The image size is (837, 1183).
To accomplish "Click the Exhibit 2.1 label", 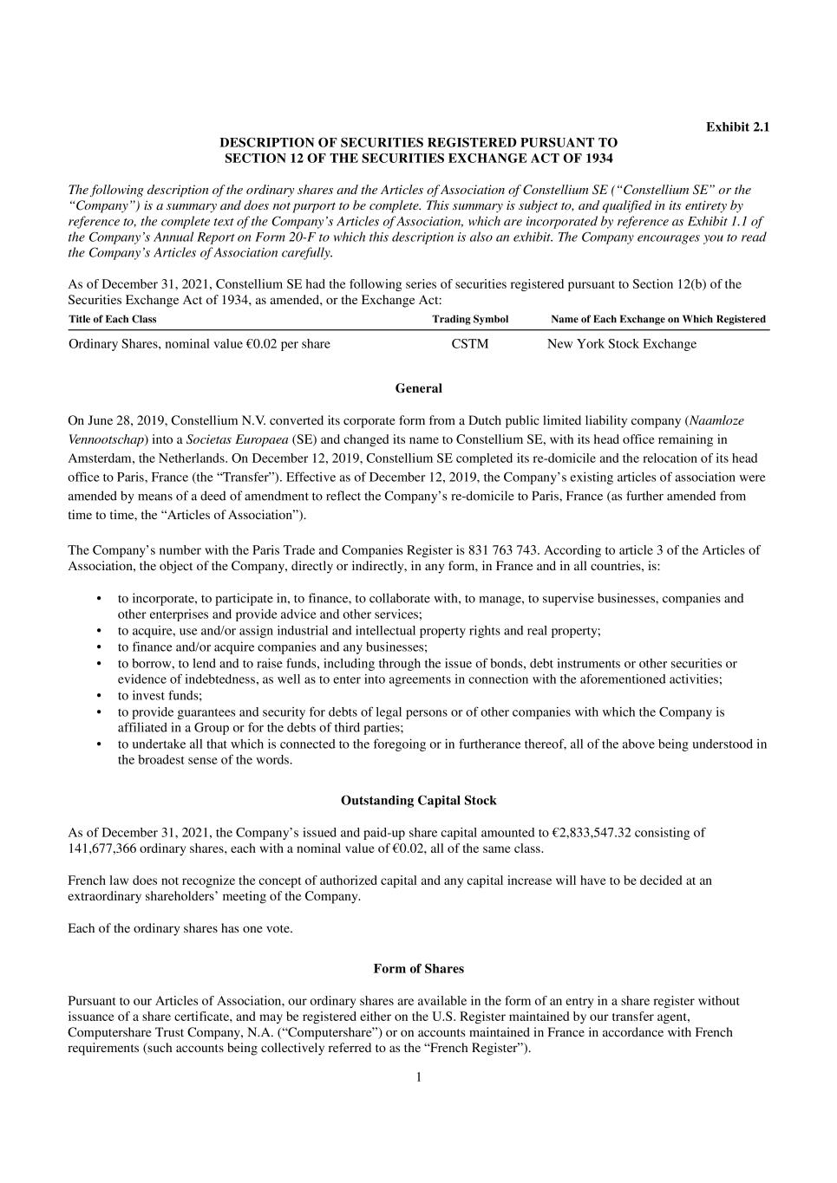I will coord(737,127).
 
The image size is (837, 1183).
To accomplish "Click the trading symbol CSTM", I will coord(470,344).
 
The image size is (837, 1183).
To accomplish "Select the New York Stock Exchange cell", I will coord(621,344).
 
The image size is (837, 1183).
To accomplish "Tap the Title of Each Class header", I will coord(113,319).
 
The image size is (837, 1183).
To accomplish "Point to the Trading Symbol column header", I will coord(470,319).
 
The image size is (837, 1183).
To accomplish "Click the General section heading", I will coord(418,388).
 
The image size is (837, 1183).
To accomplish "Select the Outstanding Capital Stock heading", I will coord(418,800).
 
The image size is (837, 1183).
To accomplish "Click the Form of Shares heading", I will coord(418,968).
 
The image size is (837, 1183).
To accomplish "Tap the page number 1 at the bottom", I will coord(418,1077).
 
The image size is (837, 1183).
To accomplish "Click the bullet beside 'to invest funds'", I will coord(99,695).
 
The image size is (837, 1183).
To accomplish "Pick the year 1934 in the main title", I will coord(598,158).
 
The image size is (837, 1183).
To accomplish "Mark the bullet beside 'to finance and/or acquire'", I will coord(99,647).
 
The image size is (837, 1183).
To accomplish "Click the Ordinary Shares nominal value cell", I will coord(199,344).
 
